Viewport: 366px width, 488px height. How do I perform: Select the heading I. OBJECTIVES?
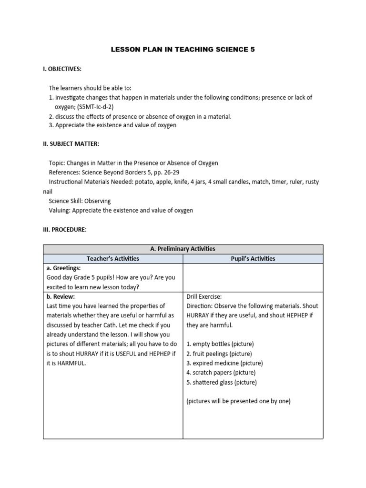[62, 69]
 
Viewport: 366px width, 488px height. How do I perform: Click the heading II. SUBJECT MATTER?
[71, 144]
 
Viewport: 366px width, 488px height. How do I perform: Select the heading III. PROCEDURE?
[65, 229]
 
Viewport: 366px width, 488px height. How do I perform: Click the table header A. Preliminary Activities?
[183, 249]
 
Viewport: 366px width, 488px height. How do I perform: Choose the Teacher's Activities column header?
[113, 259]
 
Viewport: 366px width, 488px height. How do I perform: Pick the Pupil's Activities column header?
[253, 259]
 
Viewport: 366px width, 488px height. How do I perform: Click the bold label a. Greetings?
[63, 268]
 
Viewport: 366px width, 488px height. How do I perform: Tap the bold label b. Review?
[61, 296]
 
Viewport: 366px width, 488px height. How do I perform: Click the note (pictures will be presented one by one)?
[238, 401]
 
